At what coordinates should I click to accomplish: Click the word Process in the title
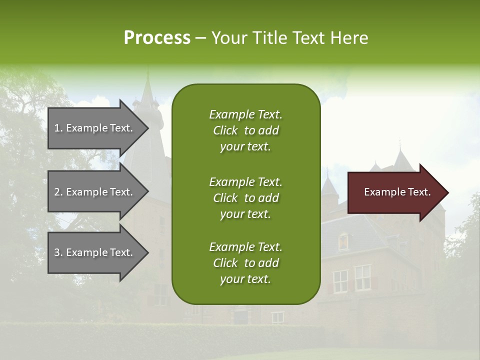(157, 38)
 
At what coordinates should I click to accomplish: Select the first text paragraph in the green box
(245, 130)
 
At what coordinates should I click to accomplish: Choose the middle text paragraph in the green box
(245, 198)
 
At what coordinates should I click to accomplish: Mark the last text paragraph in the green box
(245, 263)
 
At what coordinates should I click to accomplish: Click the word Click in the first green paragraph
(225, 130)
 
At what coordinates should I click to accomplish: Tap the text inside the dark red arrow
(397, 192)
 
